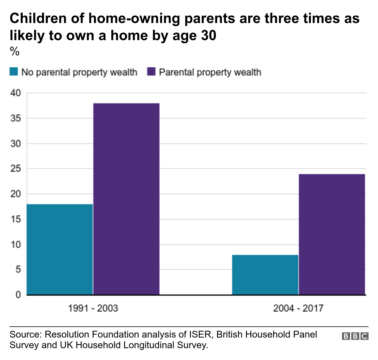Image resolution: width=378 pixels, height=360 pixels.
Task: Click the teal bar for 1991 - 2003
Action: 60,249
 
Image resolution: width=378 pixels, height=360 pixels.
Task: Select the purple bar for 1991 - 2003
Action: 126,199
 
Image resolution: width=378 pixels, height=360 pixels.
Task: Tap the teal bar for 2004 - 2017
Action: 265,275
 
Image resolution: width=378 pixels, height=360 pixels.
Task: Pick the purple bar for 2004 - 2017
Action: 332,234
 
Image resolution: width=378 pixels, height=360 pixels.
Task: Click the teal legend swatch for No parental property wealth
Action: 14,72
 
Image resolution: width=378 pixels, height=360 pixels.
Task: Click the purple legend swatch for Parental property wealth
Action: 151,72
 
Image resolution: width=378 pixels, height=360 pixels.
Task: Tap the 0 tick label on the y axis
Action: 18,295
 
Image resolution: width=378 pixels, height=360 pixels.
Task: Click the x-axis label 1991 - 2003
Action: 93,308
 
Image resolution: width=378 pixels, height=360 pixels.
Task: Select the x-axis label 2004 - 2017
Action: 298,308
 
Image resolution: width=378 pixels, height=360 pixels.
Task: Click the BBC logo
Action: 355,336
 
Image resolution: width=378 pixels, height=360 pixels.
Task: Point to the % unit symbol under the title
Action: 14,52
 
